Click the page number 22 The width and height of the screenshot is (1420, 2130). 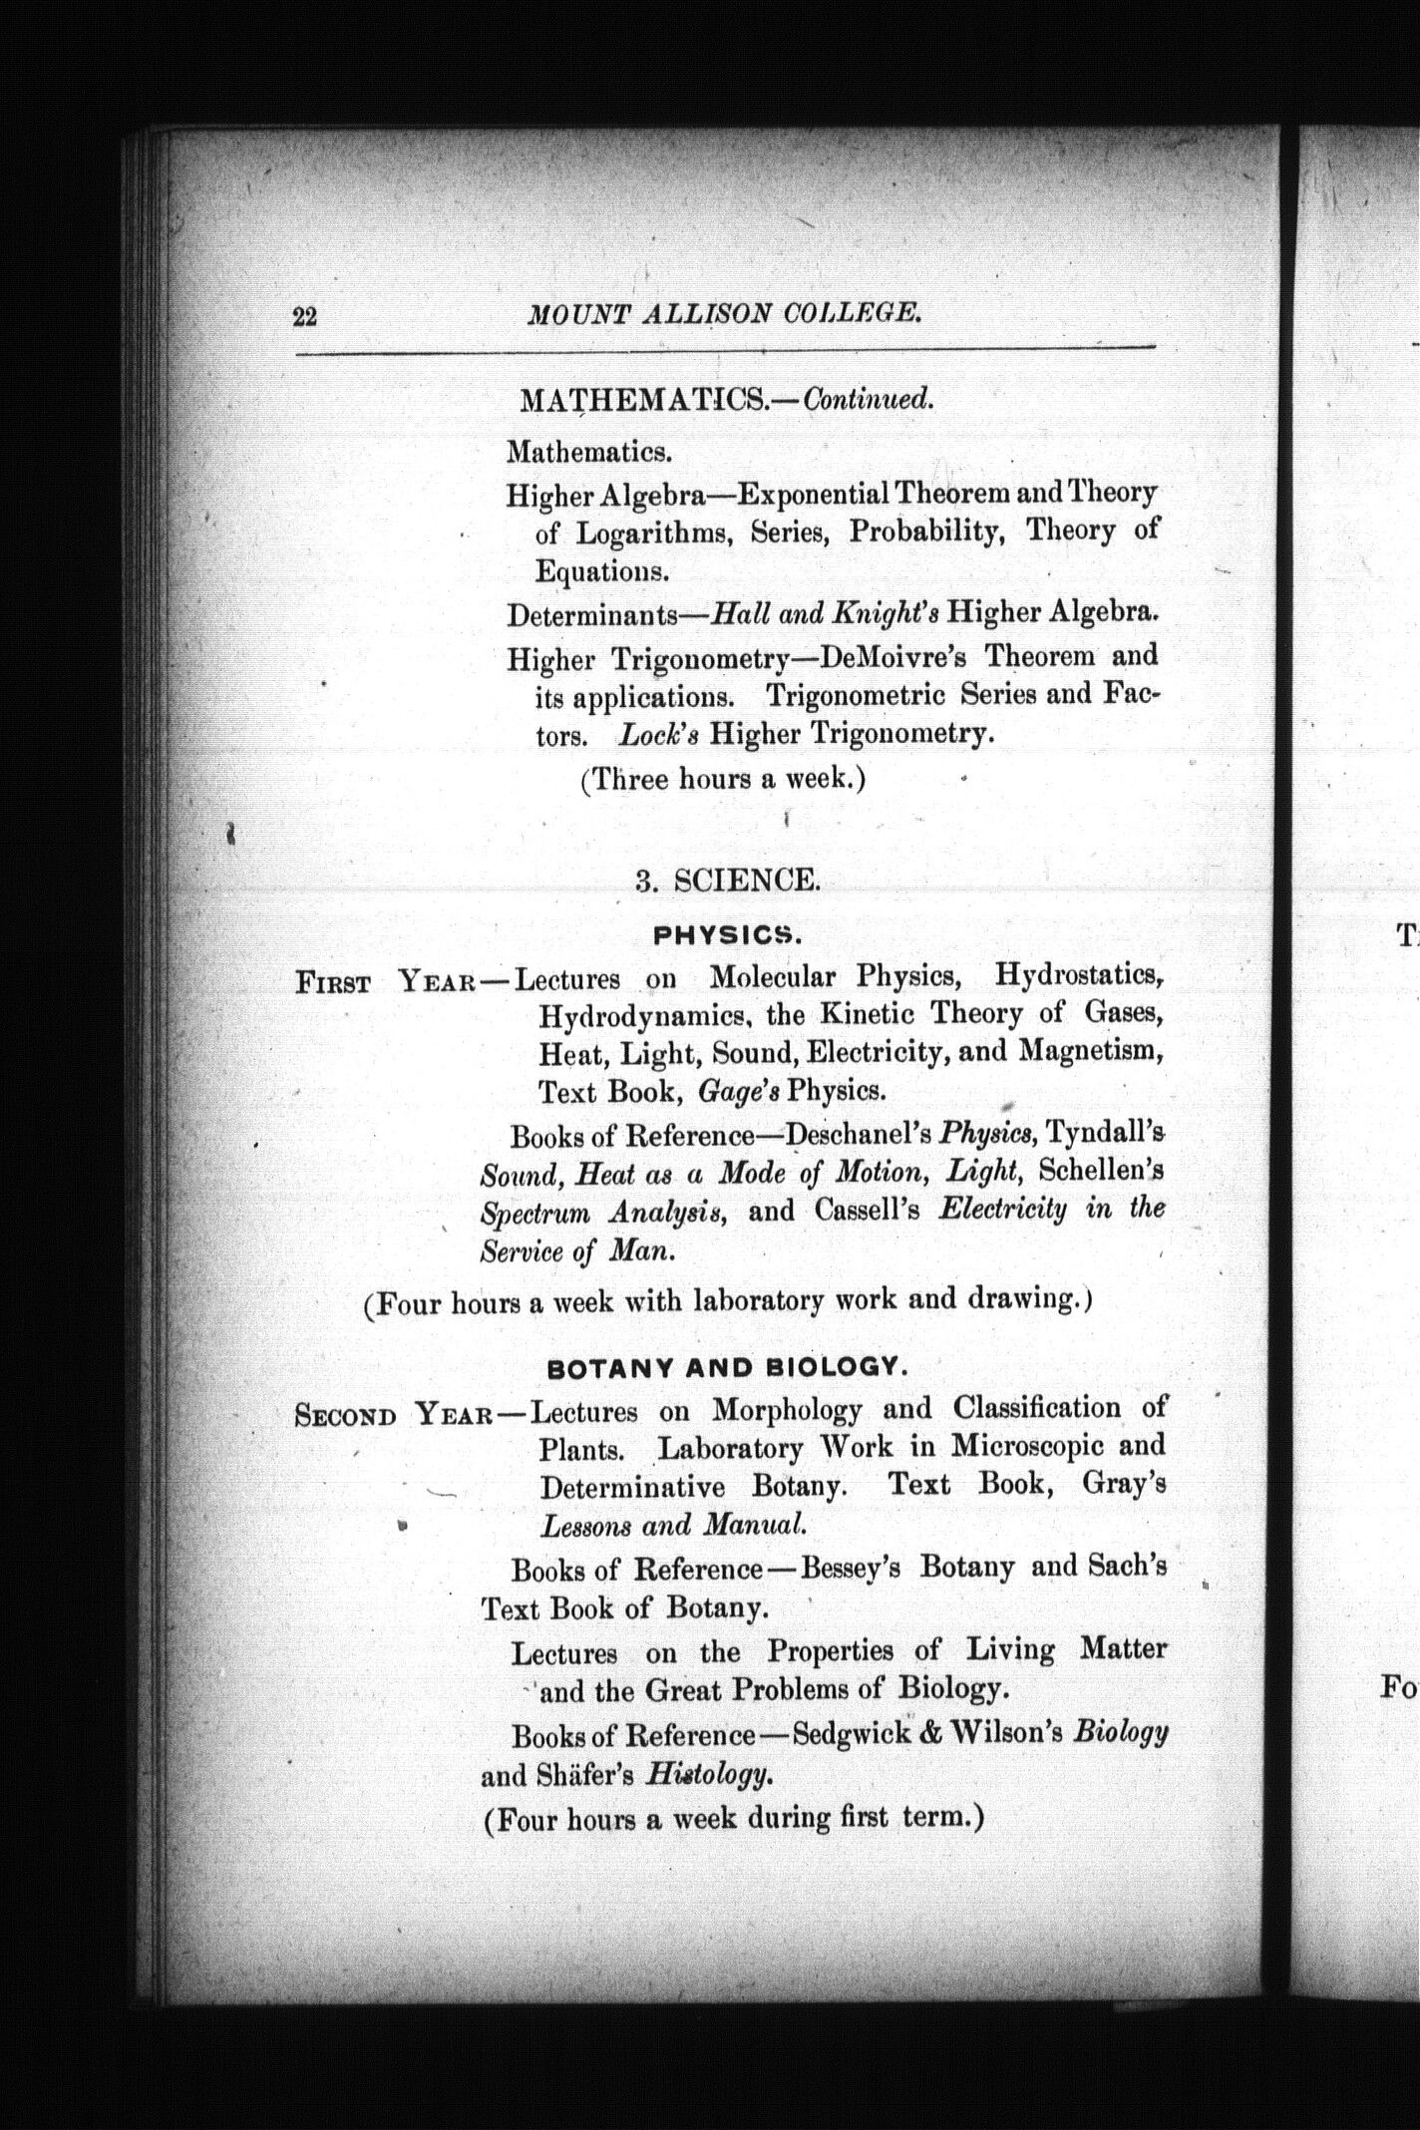(304, 317)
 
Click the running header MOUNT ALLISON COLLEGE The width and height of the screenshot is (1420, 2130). (724, 314)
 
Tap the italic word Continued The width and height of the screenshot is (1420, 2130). (869, 400)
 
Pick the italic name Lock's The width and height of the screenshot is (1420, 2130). (658, 735)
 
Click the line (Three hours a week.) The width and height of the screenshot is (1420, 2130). (723, 779)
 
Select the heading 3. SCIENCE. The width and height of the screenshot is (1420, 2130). (728, 880)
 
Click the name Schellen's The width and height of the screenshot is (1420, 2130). (1101, 1171)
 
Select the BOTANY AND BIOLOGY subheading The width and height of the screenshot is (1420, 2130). (728, 1368)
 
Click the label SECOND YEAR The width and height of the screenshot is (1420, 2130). (394, 1415)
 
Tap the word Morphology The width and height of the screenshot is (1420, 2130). (787, 1410)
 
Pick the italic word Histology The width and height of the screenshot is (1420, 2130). (708, 1775)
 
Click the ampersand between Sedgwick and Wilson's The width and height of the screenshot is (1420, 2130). (931, 1734)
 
